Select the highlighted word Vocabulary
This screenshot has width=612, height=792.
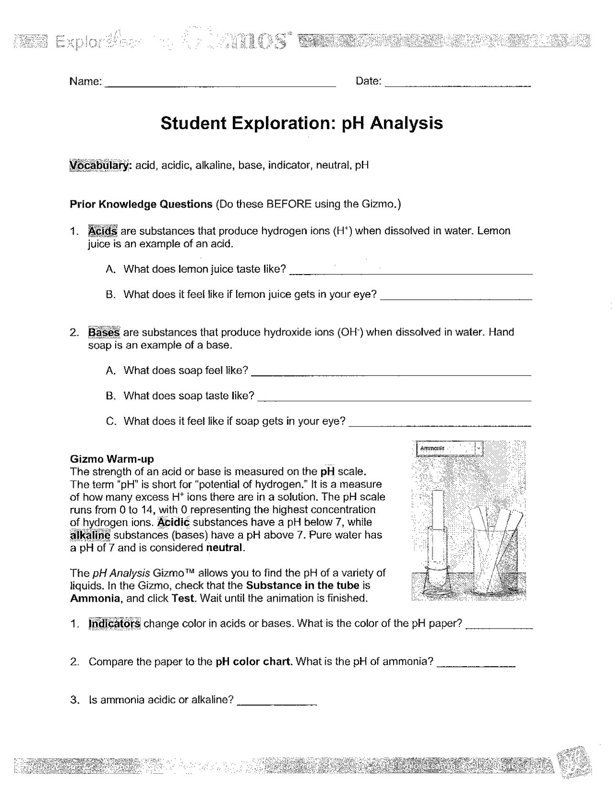[99, 165]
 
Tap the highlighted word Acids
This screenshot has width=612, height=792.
[102, 231]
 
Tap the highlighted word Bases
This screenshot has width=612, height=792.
[104, 332]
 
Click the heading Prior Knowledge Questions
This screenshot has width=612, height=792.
[141, 205]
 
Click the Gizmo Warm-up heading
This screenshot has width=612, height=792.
[112, 459]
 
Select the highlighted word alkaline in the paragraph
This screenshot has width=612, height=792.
[90, 535]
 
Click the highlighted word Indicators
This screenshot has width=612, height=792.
[114, 624]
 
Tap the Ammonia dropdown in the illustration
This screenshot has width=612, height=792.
[449, 449]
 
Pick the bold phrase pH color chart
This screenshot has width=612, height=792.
[253, 662]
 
